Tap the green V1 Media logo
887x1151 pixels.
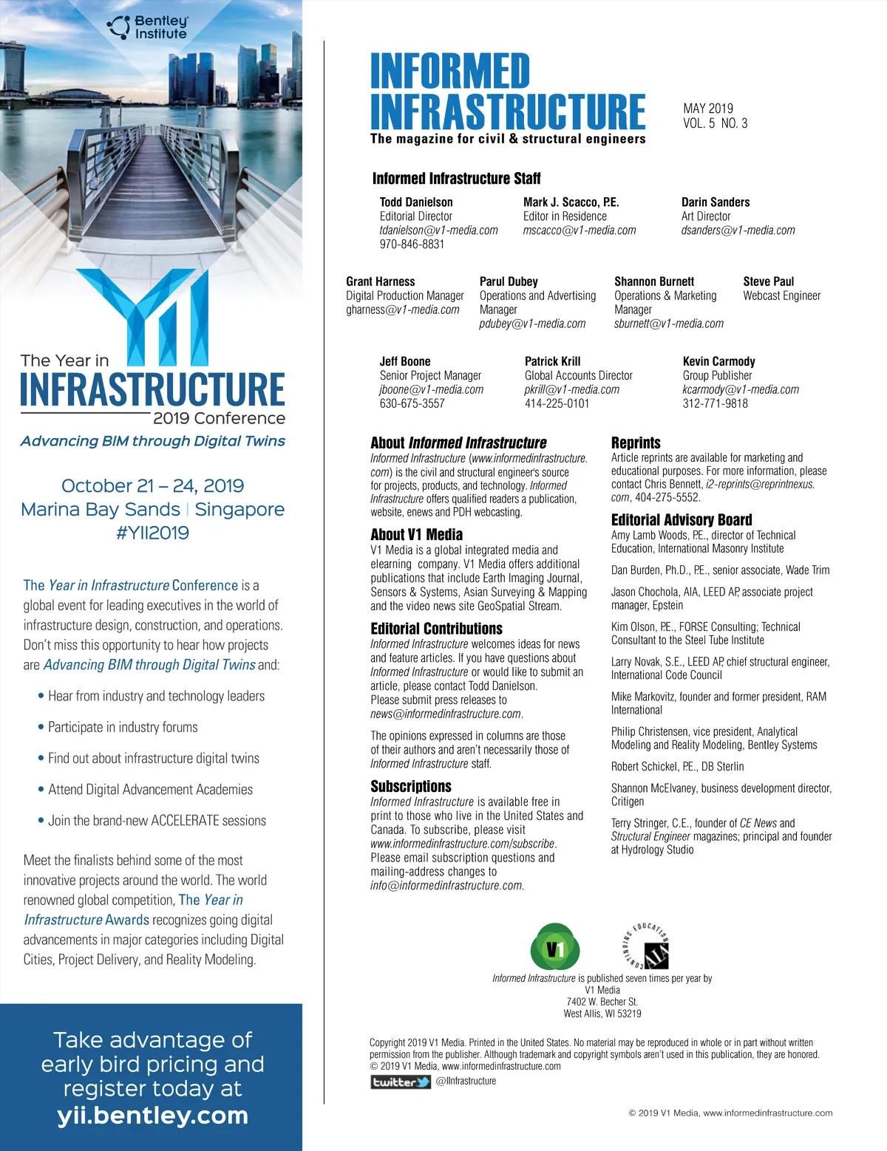coord(555,947)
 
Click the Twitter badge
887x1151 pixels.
coord(401,1082)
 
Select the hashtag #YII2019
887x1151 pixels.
coord(152,533)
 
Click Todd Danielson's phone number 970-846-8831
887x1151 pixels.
coord(412,245)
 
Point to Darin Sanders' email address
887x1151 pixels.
coord(738,230)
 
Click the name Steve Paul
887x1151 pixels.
coord(768,281)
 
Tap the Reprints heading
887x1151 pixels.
coord(636,443)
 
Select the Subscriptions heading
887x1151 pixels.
coord(410,786)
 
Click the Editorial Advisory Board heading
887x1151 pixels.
coord(682,520)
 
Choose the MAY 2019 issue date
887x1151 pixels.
coord(708,109)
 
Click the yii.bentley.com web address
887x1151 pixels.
coord(152,1116)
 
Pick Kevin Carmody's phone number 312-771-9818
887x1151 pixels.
coord(715,403)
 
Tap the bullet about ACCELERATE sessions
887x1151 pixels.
coord(156,821)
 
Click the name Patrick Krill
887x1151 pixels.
coord(552,361)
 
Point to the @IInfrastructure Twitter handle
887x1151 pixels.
coord(466,1082)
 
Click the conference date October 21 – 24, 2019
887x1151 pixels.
coord(152,486)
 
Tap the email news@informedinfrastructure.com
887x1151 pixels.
coord(446,714)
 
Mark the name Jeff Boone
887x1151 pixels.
coord(404,361)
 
